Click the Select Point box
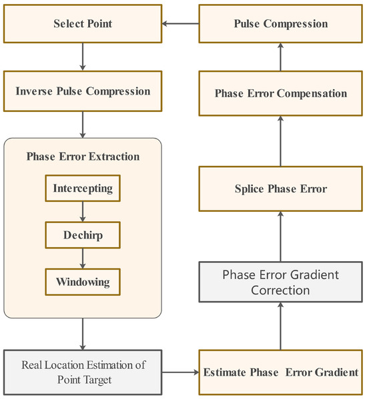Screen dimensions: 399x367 (x=82, y=24)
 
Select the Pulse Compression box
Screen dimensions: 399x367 (x=281, y=24)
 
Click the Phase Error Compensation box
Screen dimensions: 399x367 (x=281, y=93)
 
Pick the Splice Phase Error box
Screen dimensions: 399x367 (x=281, y=189)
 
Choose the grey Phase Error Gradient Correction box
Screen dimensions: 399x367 (x=281, y=282)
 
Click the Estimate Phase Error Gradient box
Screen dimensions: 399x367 (x=281, y=372)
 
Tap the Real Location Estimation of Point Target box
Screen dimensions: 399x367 (x=82, y=372)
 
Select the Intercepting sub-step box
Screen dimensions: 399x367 (x=83, y=189)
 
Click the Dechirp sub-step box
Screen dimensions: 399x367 (x=83, y=235)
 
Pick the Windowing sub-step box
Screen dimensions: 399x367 (x=83, y=281)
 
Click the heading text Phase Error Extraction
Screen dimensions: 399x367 (x=83, y=157)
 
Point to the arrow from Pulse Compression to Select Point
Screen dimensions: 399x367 (x=180, y=25)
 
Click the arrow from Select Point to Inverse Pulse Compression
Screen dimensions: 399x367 (x=82, y=57)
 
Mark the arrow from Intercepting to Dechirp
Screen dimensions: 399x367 (x=83, y=212)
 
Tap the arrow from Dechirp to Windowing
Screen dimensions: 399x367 (x=83, y=258)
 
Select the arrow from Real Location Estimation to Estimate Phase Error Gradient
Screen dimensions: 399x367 (x=180, y=372)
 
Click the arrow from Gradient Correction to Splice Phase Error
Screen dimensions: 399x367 (x=281, y=236)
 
